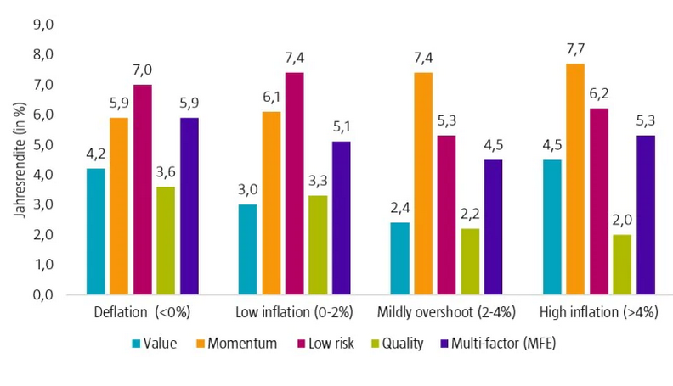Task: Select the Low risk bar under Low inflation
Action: tap(296, 183)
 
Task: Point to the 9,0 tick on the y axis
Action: tap(42, 25)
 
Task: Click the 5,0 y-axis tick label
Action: tap(42, 144)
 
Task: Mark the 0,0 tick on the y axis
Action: tap(42, 294)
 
